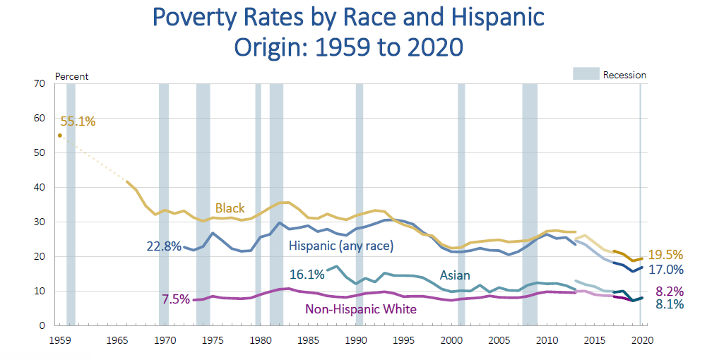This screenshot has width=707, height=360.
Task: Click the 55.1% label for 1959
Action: tap(78, 121)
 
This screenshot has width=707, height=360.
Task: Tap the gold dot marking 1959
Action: tap(60, 136)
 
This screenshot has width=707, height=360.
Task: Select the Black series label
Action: tap(230, 208)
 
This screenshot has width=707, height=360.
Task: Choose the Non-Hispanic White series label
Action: tap(360, 309)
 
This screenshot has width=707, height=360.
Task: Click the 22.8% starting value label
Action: tap(164, 247)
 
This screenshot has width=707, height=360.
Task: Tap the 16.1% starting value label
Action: tap(307, 274)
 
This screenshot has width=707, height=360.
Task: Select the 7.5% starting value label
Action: tap(176, 299)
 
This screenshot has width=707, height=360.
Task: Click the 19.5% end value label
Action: tap(667, 256)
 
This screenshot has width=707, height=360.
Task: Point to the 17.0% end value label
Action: tap(667, 270)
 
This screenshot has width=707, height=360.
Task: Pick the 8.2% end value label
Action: tap(668, 291)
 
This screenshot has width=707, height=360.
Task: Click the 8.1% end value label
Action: tap(668, 305)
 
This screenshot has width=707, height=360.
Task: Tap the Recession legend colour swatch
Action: tap(585, 74)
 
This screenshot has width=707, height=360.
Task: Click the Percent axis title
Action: tap(71, 76)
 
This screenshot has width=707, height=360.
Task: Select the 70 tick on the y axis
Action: tap(40, 84)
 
